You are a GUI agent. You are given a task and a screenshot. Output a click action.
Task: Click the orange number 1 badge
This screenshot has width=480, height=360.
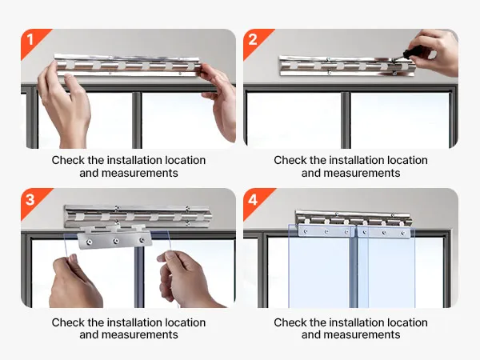pos(33,42)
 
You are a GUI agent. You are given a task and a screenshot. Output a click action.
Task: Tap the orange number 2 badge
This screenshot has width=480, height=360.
pos(255,42)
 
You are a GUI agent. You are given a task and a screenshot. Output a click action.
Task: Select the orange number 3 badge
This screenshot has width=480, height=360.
pos(33,201)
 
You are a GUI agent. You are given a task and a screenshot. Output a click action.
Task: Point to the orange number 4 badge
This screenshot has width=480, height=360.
pos(255,201)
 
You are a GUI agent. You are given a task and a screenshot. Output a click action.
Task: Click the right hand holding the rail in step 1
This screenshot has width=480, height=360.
pos(218,101)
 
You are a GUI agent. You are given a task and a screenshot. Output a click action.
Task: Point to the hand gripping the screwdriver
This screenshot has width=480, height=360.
pos(434,51)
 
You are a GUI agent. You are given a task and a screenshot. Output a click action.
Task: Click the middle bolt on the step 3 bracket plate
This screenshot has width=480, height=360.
pos(115,242)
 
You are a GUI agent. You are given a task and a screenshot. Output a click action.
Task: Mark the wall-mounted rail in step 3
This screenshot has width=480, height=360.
pos(138,217)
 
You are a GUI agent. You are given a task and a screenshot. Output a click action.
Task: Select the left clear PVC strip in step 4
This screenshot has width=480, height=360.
pos(322,266)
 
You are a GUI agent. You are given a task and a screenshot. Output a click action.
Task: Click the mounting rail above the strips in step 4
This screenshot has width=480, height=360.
pos(354,218)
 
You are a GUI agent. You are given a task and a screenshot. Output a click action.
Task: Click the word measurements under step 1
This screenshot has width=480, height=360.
pos(139,173)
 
